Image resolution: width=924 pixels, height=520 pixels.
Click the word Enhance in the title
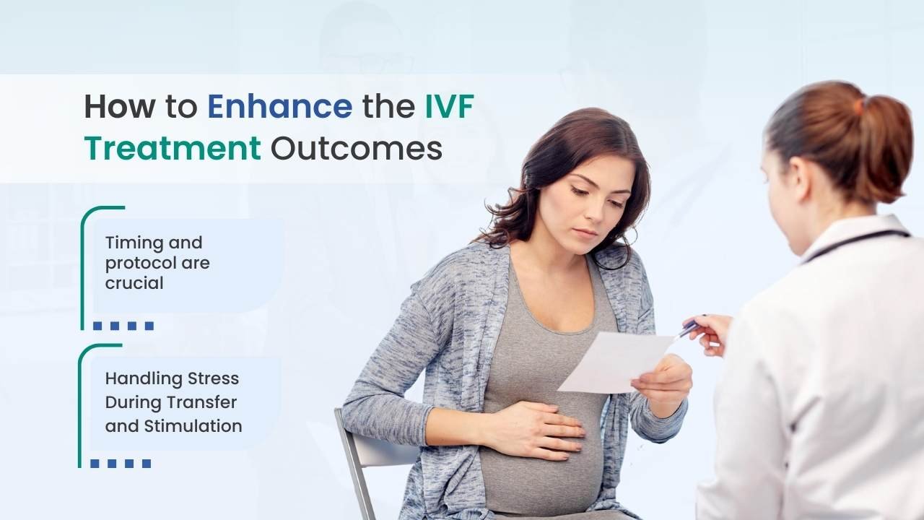tap(280, 107)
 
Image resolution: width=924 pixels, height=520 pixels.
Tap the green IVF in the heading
tap(450, 107)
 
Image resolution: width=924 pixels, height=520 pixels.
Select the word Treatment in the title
tap(173, 148)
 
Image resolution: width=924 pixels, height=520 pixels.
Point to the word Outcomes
tap(357, 148)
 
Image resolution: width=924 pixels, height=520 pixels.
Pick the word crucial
tap(134, 283)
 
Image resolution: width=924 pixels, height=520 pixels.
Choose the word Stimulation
tap(193, 426)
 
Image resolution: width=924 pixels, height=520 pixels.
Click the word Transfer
tap(204, 402)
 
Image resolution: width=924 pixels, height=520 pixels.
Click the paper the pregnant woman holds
tap(614, 363)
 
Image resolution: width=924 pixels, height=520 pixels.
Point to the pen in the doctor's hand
tap(689, 329)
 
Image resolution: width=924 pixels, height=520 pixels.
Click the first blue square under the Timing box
tap(97, 326)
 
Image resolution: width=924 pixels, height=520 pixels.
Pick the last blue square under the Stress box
tap(147, 464)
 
